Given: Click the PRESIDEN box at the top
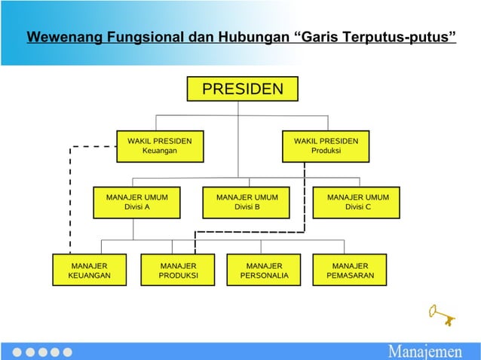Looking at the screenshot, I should (x=242, y=90).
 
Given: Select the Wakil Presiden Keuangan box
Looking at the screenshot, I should (x=159, y=146).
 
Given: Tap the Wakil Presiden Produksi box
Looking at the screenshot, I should (x=326, y=146).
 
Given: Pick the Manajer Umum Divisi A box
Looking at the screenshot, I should (x=136, y=203).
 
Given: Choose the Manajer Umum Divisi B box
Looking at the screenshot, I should (x=247, y=203).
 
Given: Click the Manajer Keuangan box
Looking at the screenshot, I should (x=89, y=270).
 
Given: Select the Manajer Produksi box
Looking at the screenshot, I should (x=178, y=270).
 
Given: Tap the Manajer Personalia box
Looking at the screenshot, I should (x=264, y=270).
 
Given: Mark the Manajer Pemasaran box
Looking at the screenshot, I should (x=350, y=270).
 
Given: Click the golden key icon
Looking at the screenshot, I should (x=442, y=314).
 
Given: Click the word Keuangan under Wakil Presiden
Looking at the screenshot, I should (x=159, y=151).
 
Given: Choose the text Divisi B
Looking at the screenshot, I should (x=247, y=208).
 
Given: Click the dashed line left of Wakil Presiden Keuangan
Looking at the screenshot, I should (x=70, y=196).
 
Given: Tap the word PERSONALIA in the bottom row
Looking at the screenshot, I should (x=264, y=276).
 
